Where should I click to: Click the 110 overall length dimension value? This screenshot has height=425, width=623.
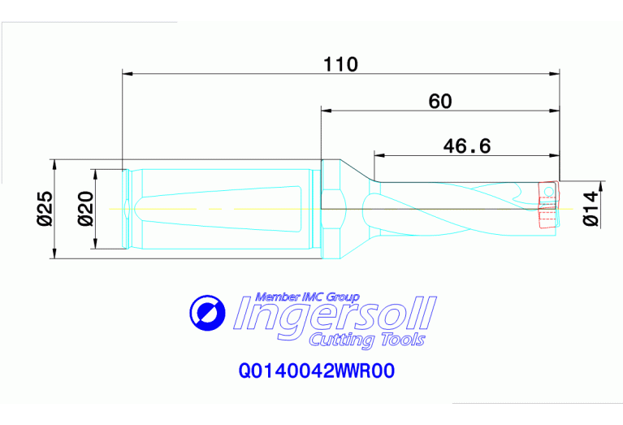341,64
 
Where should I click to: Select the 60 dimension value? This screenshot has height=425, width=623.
439,102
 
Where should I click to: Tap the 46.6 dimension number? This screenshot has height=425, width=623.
467,146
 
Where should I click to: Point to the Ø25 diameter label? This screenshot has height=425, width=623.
45,208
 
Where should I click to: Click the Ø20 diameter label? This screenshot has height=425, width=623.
84,209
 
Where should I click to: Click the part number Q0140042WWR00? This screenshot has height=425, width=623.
316,371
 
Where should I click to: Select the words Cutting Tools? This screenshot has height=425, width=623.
366,340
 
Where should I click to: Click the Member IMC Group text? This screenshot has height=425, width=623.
307,297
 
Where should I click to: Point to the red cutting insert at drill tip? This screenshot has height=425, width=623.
547,207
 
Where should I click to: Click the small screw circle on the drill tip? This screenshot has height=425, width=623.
549,192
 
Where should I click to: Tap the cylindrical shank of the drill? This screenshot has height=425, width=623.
219,209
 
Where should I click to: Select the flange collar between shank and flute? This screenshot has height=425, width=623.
330,209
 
